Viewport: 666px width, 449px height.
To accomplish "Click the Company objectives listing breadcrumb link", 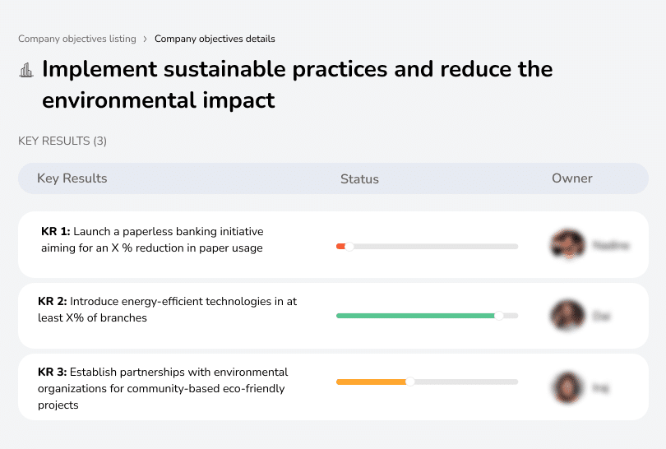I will click(77, 39).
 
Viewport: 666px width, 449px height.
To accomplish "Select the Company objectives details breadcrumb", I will click(215, 39).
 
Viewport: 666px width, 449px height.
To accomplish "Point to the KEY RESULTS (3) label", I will click(62, 141).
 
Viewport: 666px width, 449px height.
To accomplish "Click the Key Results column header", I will click(72, 178).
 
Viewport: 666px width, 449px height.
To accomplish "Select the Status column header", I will click(359, 178).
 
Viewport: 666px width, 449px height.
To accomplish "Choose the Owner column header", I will click(571, 178).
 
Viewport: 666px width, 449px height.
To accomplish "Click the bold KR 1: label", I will click(55, 232).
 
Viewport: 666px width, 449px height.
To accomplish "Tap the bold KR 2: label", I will click(53, 302).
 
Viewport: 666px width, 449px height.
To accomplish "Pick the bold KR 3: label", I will click(53, 372).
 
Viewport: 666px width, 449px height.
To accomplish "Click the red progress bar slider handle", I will click(349, 246).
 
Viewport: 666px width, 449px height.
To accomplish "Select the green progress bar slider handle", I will click(498, 316).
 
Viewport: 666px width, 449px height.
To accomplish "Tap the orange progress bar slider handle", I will click(409, 382).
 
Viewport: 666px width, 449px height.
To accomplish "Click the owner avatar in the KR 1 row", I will click(567, 245).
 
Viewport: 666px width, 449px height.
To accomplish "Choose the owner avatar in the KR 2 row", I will click(567, 316).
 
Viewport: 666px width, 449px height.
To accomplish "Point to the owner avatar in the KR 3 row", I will click(567, 387).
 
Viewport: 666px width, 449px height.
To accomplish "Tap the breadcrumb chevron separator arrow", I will click(145, 39).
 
